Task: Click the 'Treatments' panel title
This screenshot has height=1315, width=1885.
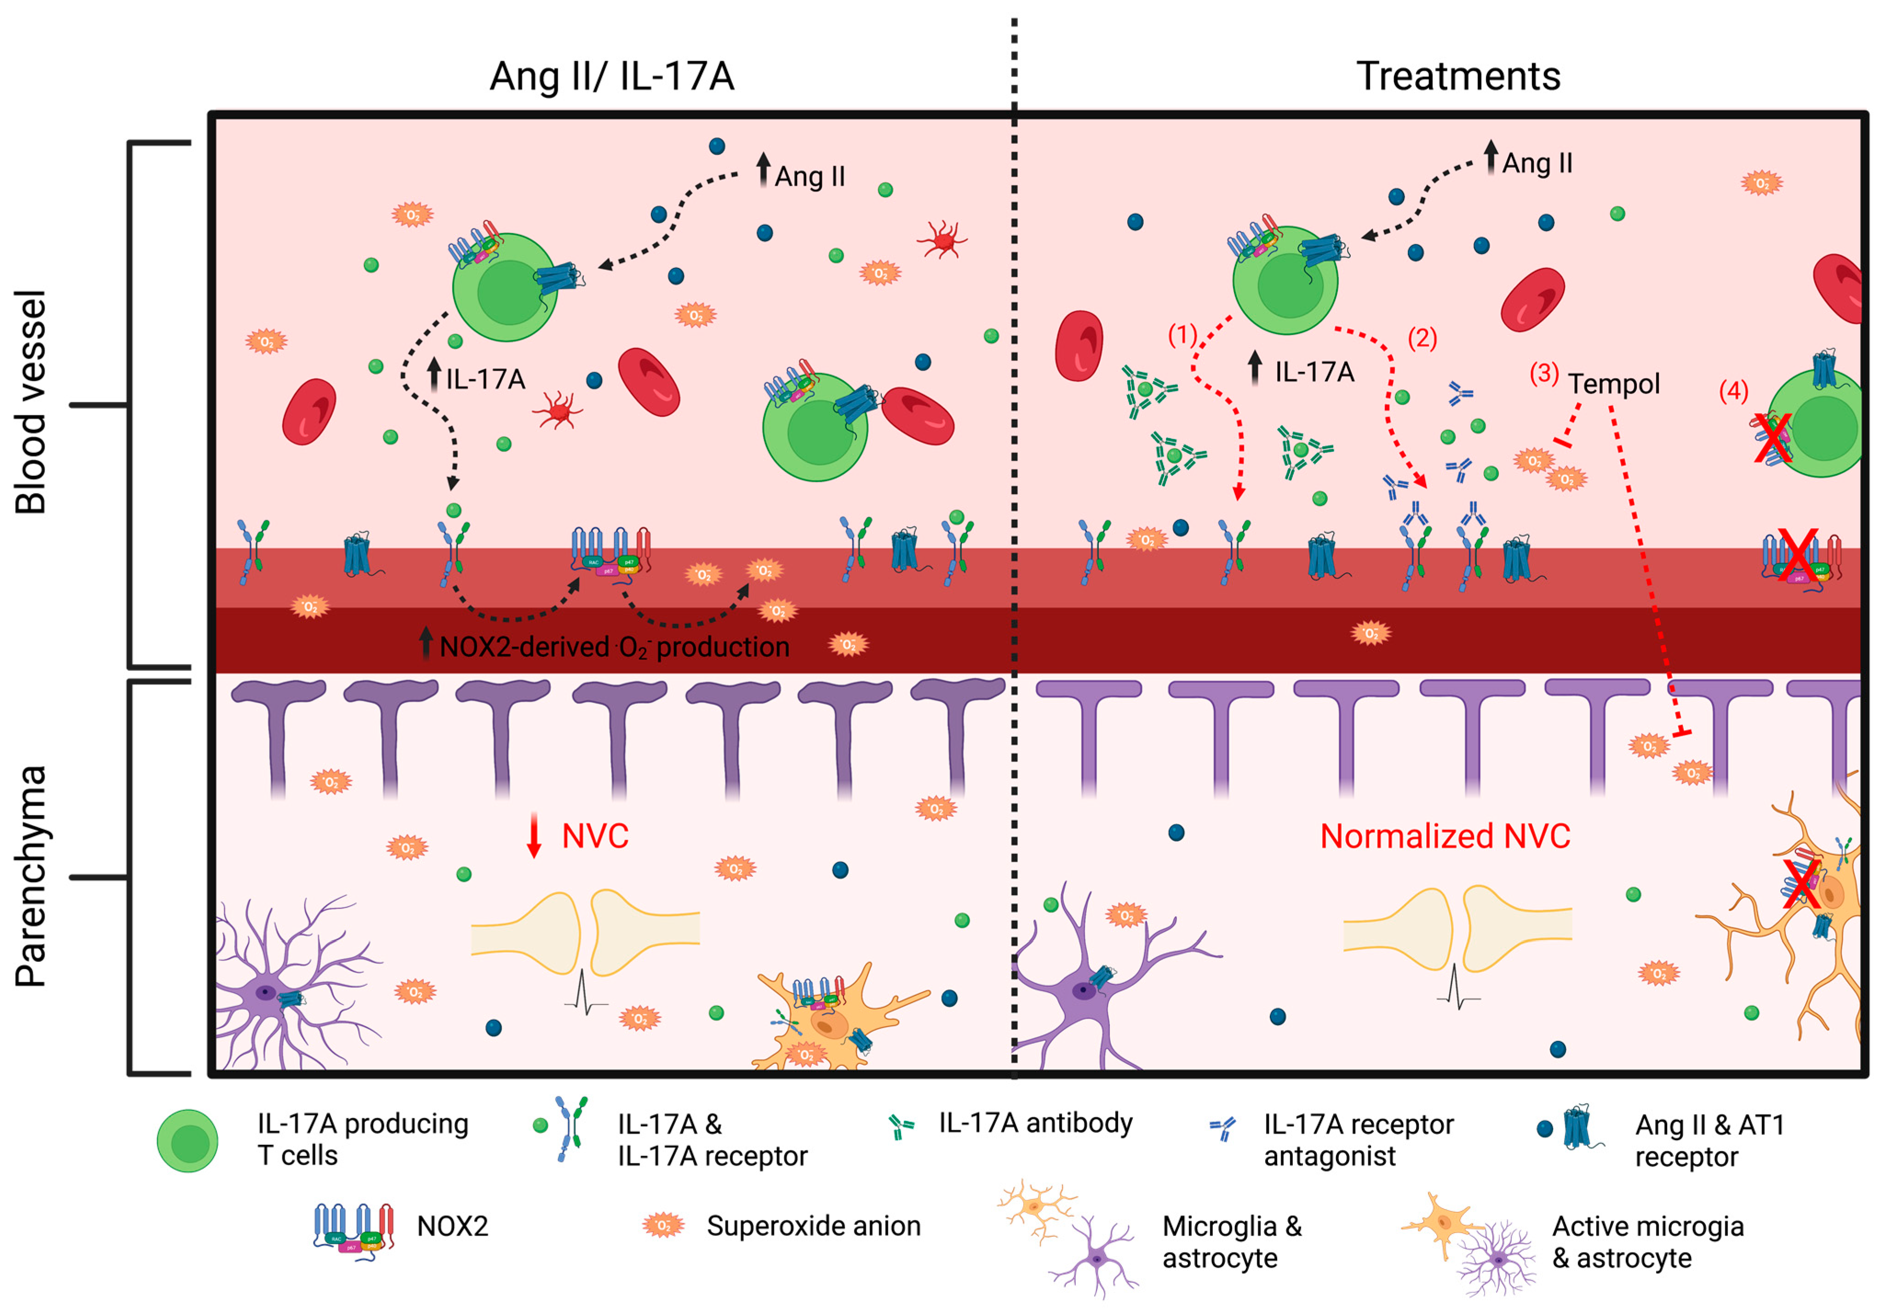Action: [1457, 76]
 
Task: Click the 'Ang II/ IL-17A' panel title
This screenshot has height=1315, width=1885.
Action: [611, 76]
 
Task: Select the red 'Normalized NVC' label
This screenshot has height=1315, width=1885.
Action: [1445, 836]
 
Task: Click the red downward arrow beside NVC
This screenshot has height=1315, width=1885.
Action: [534, 835]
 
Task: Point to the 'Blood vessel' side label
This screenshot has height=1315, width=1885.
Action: [31, 402]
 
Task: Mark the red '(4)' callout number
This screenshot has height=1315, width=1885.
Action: [1733, 391]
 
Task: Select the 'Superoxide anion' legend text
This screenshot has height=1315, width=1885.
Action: [813, 1226]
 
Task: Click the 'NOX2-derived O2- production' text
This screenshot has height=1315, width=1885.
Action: [614, 648]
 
